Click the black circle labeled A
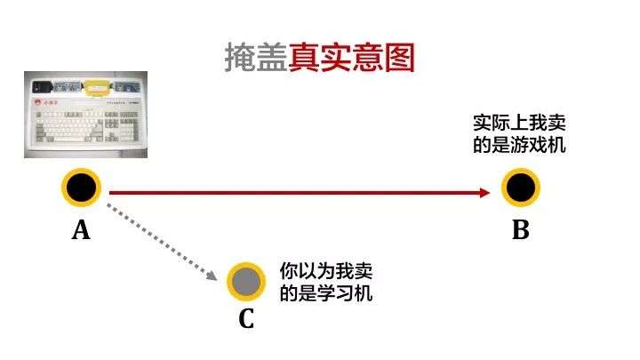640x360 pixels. [81, 188]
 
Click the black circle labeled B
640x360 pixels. [520, 188]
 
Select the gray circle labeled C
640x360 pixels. [246, 281]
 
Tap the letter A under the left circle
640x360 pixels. [81, 231]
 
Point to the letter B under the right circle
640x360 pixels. [520, 231]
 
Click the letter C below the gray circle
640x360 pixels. [246, 318]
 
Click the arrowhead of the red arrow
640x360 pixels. [484, 192]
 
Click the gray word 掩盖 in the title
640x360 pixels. [256, 58]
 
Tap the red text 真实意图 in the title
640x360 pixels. [352, 58]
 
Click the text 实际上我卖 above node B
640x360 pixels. [519, 123]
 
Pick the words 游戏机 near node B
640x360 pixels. [539, 144]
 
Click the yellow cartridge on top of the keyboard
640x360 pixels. [96, 87]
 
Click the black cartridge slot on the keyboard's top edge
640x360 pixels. [42, 87]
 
